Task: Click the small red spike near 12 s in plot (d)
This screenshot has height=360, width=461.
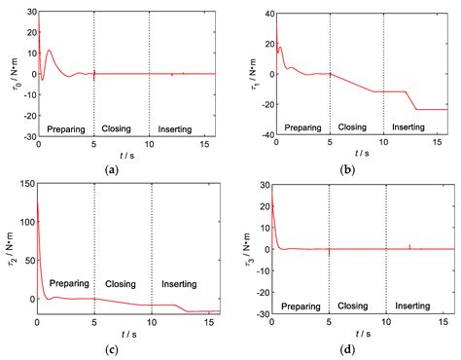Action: pyautogui.click(x=409, y=245)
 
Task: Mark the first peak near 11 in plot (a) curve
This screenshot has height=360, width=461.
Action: pyautogui.click(x=49, y=51)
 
